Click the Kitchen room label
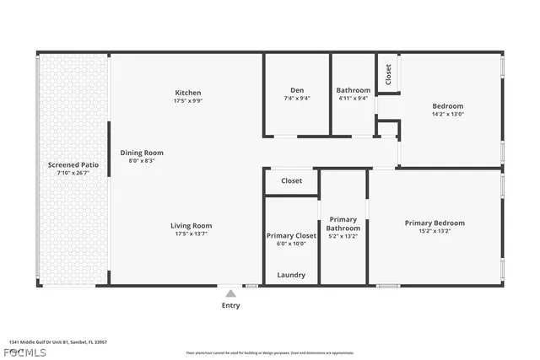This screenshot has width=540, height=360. tap(187, 93)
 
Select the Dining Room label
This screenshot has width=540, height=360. tap(141, 153)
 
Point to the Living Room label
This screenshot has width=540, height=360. tap(191, 225)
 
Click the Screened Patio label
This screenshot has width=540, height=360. tap(73, 164)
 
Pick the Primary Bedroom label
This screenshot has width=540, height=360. tap(435, 223)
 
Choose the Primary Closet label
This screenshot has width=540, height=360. tap(291, 235)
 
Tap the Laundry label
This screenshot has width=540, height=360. tap(291, 275)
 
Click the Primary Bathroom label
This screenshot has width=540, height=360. tap(343, 223)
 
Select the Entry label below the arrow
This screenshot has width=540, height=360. tap(230, 305)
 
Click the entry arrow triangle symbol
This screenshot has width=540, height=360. tap(230, 293)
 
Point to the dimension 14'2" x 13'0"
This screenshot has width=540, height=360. tap(448, 114)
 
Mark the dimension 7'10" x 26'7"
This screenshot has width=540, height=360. tap(73, 173)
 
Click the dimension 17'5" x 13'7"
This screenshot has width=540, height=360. tap(191, 234)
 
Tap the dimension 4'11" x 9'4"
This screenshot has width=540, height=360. tap(353, 98)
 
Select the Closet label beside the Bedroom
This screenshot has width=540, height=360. tap(388, 74)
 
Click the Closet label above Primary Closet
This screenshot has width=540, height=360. tap(291, 180)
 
